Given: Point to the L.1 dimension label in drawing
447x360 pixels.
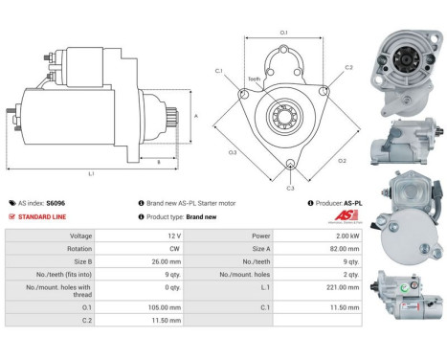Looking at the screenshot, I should click(x=92, y=173).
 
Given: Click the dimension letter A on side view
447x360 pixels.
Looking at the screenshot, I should click(x=197, y=115).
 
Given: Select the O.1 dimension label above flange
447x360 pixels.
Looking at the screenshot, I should click(x=283, y=34).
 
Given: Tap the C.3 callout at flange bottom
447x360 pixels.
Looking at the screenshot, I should click(x=290, y=189).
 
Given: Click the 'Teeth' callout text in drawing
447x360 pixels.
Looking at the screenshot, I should click(x=254, y=79).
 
